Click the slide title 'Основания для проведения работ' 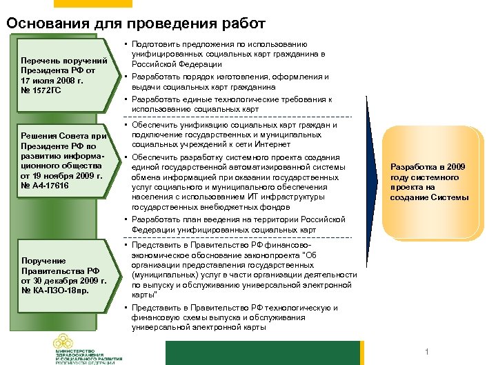136,23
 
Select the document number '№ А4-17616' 47,186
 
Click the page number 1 428,353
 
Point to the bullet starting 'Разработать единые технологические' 231,103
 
